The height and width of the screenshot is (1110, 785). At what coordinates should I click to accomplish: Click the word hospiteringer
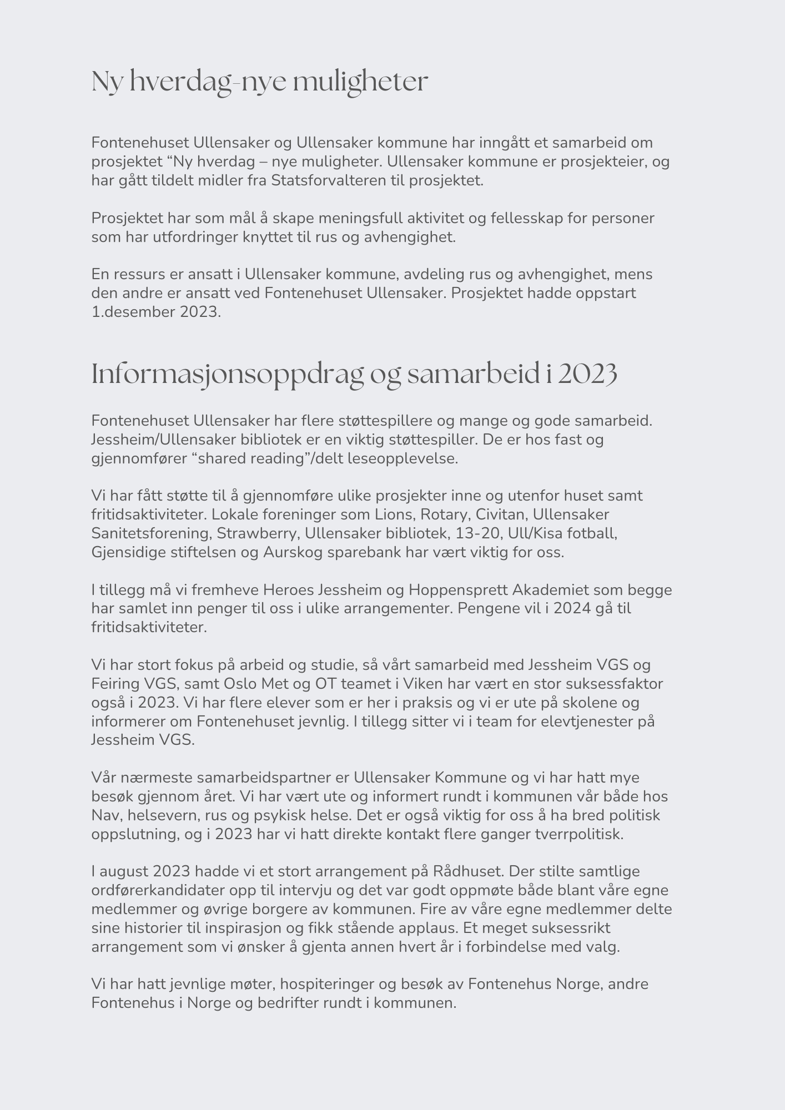[327, 984]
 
